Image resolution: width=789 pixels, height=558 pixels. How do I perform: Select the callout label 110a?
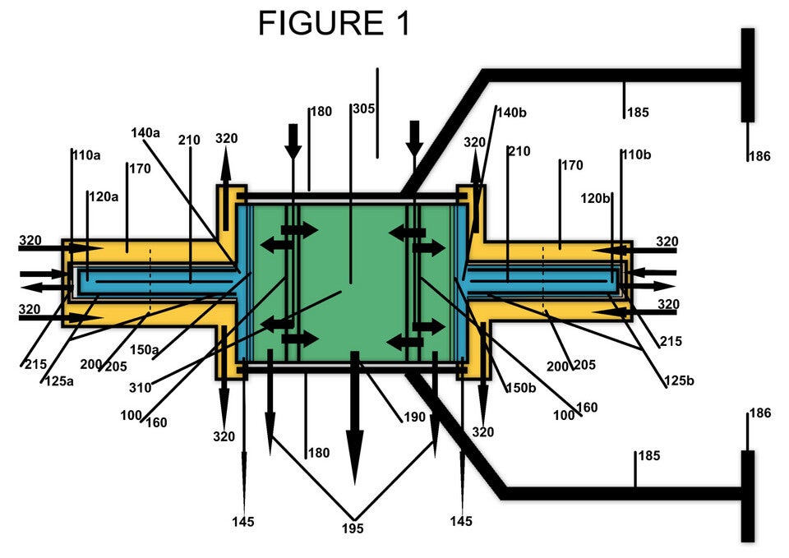click(86, 154)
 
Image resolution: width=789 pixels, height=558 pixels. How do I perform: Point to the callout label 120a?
click(104, 197)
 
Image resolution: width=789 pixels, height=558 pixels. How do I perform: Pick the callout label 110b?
click(635, 154)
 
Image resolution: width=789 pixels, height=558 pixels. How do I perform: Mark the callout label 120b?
click(596, 198)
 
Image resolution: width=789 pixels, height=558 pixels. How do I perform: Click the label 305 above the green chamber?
click(363, 108)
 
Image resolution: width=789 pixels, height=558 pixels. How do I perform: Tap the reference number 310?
click(141, 387)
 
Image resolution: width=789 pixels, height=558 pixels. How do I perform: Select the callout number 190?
click(415, 417)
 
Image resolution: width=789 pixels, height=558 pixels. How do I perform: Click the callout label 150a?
click(145, 350)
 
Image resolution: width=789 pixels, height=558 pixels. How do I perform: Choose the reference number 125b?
click(680, 381)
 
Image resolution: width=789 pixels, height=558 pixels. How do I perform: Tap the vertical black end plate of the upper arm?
click(747, 76)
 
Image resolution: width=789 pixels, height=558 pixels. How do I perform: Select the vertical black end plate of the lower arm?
click(747, 495)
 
